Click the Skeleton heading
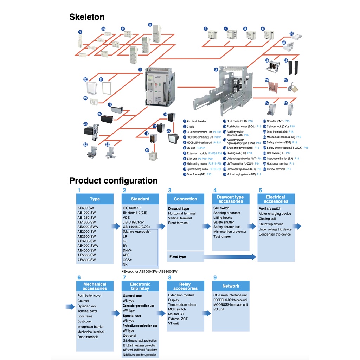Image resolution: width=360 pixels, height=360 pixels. (87, 17)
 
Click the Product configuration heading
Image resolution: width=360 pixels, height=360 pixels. (113, 181)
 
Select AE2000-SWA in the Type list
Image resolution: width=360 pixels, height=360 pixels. (88, 227)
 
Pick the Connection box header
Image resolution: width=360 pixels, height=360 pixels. (185, 199)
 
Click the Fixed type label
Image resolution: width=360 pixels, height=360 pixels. (178, 257)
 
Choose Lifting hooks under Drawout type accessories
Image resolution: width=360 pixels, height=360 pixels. (223, 218)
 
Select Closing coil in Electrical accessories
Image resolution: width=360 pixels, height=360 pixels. (267, 219)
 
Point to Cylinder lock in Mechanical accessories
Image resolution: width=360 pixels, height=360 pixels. (87, 306)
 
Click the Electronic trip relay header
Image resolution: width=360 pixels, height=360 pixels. (140, 286)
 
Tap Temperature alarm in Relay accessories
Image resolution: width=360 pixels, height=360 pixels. (182, 305)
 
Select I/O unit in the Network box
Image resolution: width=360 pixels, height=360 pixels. (219, 309)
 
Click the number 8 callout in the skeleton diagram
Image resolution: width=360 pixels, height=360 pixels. (150, 25)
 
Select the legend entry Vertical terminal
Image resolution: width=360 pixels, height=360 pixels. (276, 169)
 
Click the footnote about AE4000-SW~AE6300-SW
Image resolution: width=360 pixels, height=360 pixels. (149, 271)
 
